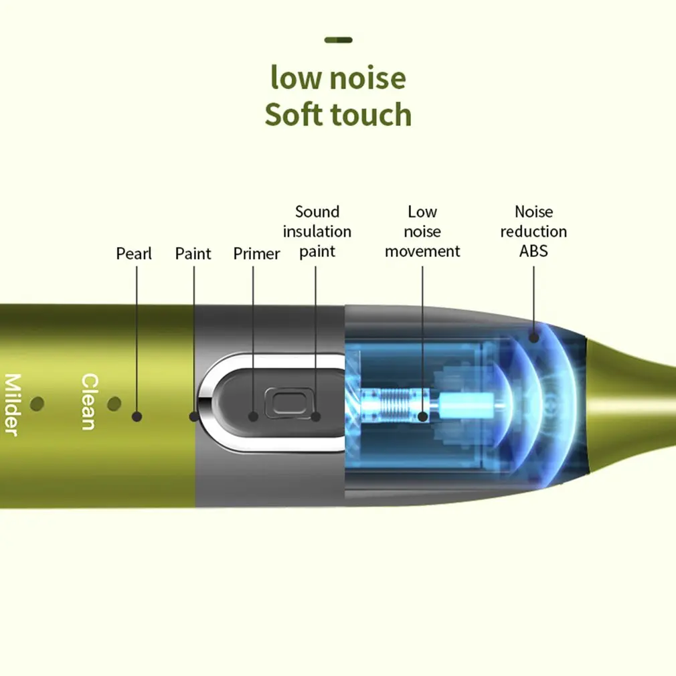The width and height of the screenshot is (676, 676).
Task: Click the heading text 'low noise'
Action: (338, 78)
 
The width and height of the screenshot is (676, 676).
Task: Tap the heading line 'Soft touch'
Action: (338, 114)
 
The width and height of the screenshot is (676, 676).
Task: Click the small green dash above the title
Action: (338, 40)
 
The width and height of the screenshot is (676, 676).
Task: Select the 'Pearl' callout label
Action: (134, 254)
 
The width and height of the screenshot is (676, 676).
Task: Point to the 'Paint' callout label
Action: (193, 254)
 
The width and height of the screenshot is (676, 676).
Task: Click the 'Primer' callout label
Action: (256, 254)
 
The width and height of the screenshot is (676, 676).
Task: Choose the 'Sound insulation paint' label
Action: (317, 232)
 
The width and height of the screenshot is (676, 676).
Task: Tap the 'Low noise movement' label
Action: (422, 232)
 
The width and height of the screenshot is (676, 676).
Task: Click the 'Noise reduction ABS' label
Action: (533, 232)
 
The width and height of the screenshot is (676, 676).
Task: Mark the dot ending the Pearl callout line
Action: (137, 416)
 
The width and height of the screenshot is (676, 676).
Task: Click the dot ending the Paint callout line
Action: (194, 416)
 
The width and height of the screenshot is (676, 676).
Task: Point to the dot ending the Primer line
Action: (253, 416)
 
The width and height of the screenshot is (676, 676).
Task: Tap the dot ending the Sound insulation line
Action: (316, 416)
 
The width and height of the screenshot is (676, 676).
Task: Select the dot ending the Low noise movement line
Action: (422, 416)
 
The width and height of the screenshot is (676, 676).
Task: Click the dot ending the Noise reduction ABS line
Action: (533, 337)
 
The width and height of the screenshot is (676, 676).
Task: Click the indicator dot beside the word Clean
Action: (114, 404)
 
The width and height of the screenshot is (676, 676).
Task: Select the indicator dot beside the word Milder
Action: (37, 404)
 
